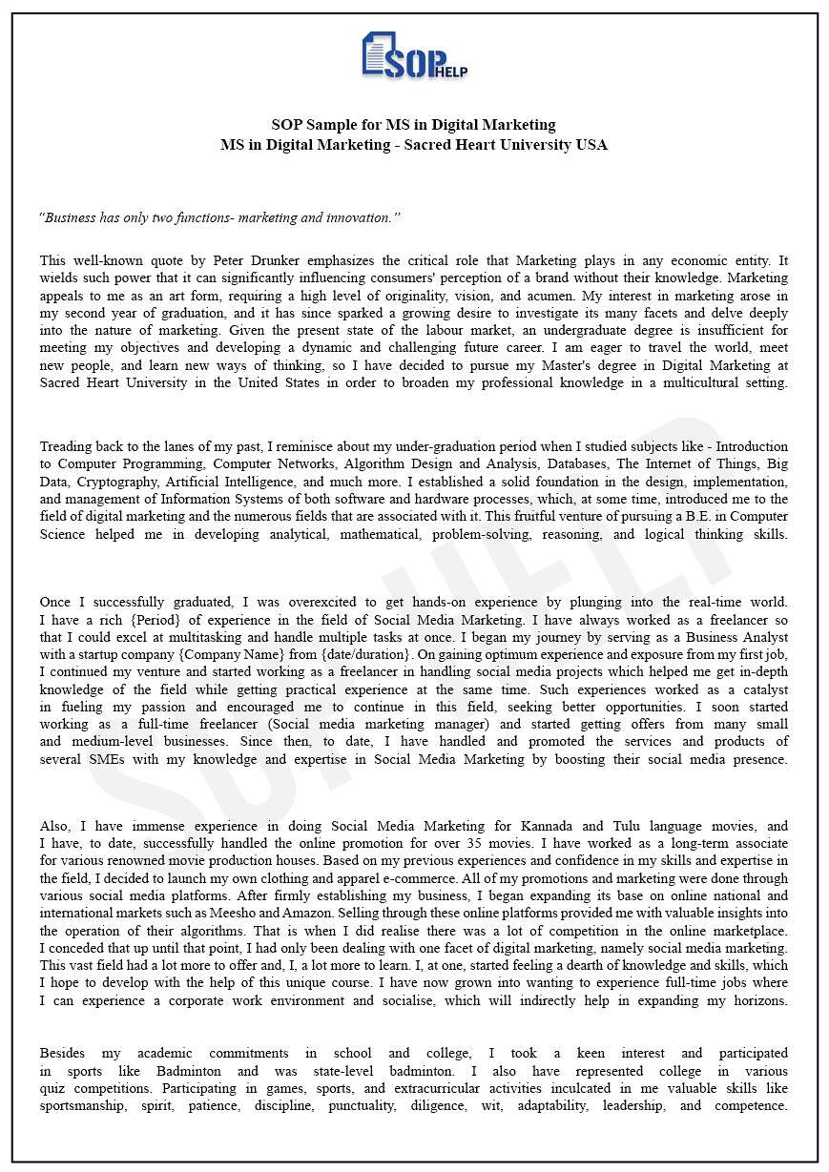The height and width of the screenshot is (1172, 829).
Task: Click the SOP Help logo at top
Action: point(414,55)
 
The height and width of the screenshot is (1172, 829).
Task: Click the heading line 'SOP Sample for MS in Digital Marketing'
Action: point(413,125)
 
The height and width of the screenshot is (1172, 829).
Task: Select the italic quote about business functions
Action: point(219,217)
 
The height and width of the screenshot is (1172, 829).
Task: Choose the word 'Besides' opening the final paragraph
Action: point(62,1054)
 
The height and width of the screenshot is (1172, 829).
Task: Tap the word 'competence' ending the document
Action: point(750,1106)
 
